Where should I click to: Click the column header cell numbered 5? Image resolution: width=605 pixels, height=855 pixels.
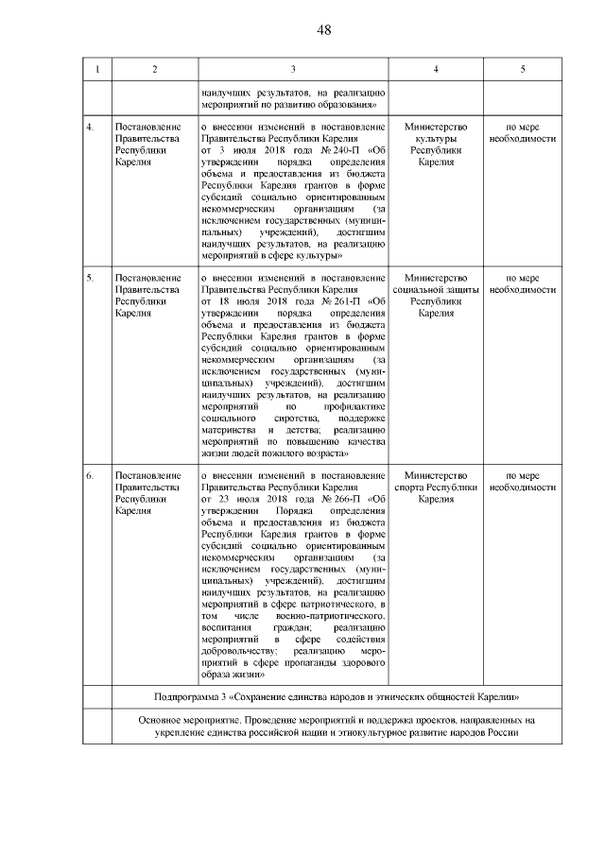(523, 70)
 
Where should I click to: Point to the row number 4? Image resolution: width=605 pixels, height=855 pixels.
(91, 126)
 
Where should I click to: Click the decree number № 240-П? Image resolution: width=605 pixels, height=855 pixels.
(340, 149)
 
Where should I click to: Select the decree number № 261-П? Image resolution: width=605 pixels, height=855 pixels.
(340, 301)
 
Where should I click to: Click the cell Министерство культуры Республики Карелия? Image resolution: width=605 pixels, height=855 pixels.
(435, 144)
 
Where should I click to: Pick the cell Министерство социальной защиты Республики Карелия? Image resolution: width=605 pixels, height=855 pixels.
(435, 296)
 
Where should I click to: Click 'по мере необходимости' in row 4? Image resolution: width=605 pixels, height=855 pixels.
(523, 131)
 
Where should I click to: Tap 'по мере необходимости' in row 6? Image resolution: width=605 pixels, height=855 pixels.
(523, 481)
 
